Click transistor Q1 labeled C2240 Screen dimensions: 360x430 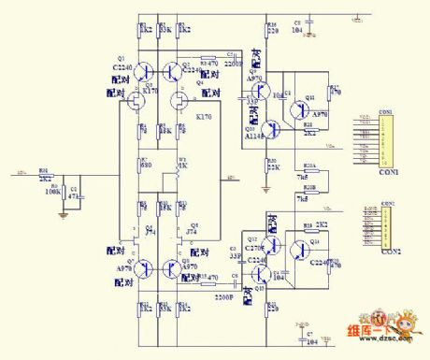(143, 71)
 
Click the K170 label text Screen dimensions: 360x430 (204, 117)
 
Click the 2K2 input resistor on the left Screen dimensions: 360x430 (44, 174)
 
